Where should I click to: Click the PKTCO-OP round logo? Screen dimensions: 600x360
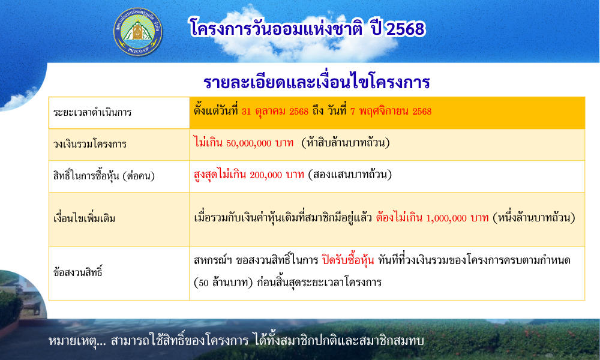tap(138, 32)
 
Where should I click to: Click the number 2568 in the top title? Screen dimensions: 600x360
tap(405, 29)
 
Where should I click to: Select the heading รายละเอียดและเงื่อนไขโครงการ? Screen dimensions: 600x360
tap(316, 82)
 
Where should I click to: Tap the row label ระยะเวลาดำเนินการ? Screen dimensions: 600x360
tap(92, 112)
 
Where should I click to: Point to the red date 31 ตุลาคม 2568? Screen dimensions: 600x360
tap(275, 112)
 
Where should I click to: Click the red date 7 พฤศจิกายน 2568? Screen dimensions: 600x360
tap(391, 112)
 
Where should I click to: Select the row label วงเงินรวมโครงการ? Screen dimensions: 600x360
tap(89, 144)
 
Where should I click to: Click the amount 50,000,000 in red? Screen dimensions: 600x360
tap(249, 143)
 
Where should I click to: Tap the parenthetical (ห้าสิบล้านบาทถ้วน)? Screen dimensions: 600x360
tap(346, 143)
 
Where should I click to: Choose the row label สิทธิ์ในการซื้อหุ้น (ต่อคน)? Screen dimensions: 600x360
tap(104, 176)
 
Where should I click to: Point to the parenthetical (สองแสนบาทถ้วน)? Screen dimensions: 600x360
tap(349, 175)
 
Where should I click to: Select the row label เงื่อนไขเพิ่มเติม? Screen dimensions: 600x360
tap(84, 218)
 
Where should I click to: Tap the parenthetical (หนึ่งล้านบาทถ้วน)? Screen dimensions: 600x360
tap(534, 218)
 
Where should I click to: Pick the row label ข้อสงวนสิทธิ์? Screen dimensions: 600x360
tap(77, 272)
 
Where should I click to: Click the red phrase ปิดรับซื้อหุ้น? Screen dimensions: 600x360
tap(348, 260)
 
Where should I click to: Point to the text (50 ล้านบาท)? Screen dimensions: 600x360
tap(223, 283)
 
